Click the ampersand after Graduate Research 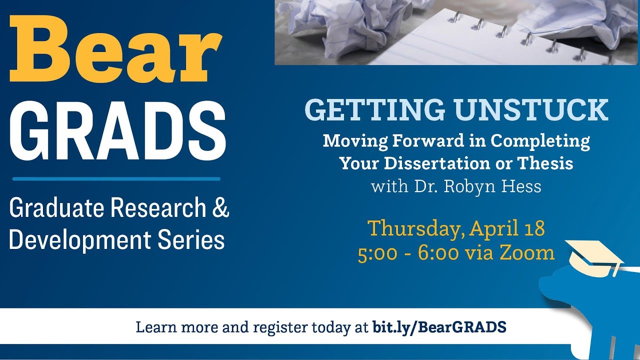pyautogui.click(x=220, y=208)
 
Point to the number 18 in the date pyautogui.click(x=534, y=228)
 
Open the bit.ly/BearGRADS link pyautogui.click(x=439, y=327)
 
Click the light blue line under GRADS pyautogui.click(x=116, y=178)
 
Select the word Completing pyautogui.click(x=540, y=141)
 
